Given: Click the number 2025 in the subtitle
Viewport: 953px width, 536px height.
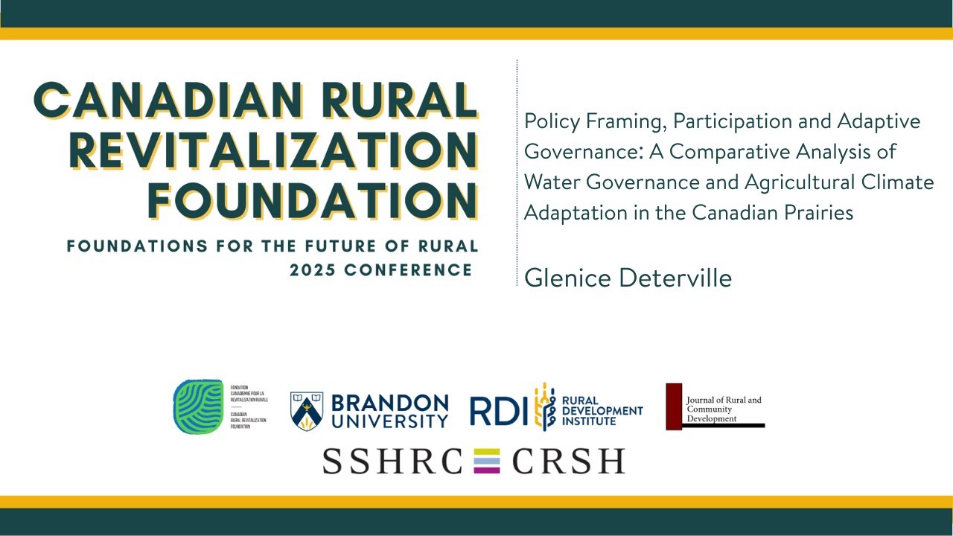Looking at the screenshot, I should tap(313, 269).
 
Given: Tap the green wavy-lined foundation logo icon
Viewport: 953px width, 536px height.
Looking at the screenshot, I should tap(198, 406).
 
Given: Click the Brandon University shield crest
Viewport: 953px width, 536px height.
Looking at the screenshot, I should tap(306, 410).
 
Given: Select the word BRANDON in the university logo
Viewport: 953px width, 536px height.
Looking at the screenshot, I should tap(389, 403).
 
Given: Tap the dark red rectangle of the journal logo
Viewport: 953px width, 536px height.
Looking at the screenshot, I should tap(674, 406).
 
